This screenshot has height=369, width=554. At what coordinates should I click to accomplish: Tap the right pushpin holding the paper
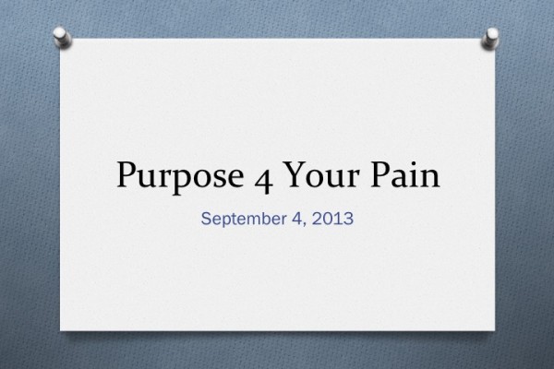tap(491, 38)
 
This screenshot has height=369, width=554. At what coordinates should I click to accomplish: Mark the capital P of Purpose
tap(127, 175)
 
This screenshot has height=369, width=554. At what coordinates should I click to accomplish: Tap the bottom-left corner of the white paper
tap(61, 329)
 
